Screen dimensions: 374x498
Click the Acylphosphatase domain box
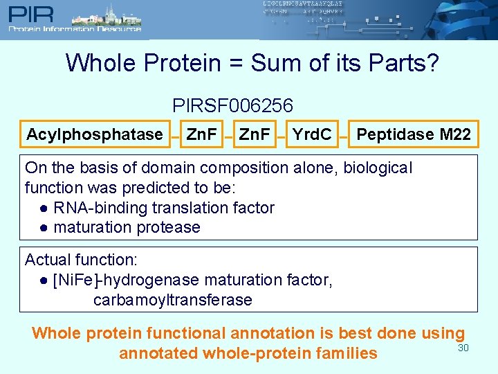coord(94,134)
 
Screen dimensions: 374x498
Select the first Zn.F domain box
coord(202,134)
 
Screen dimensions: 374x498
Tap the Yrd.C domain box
coord(311,134)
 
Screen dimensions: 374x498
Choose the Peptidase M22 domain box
coord(414,134)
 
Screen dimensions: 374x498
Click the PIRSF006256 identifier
coord(233,106)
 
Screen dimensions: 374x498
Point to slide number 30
coord(463,348)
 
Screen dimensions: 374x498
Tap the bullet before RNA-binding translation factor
coord(44,208)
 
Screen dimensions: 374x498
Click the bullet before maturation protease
coord(44,227)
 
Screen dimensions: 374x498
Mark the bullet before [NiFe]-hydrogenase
coord(44,280)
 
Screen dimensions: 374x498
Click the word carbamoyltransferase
coord(173,300)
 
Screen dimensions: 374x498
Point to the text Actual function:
coord(82,260)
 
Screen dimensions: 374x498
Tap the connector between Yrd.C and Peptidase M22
coord(344,137)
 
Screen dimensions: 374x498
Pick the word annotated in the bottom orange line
coord(158,353)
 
